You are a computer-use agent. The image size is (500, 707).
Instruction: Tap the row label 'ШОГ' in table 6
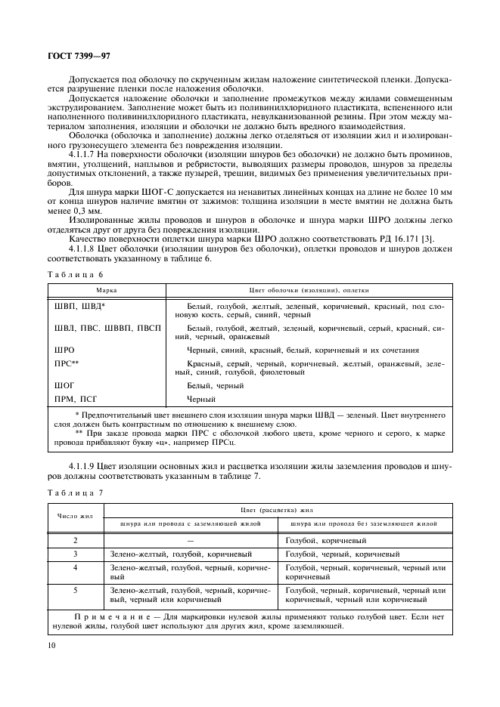coord(64,386)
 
